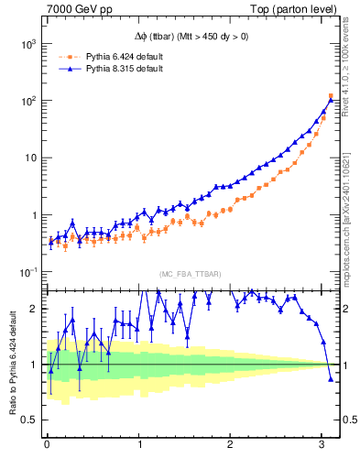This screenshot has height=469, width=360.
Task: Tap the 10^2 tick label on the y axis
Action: point(27,101)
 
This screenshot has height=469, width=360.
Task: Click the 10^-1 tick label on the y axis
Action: point(27,272)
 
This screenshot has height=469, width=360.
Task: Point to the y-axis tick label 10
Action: point(29,158)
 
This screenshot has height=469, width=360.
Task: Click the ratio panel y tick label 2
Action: point(35,309)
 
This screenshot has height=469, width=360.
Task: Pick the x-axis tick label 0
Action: point(47,445)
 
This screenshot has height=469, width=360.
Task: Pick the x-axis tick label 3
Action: point(322,445)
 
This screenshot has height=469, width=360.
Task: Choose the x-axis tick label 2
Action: point(230,445)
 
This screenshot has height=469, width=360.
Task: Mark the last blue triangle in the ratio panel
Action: point(331,378)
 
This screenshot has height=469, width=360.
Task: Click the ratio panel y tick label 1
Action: point(35,365)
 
